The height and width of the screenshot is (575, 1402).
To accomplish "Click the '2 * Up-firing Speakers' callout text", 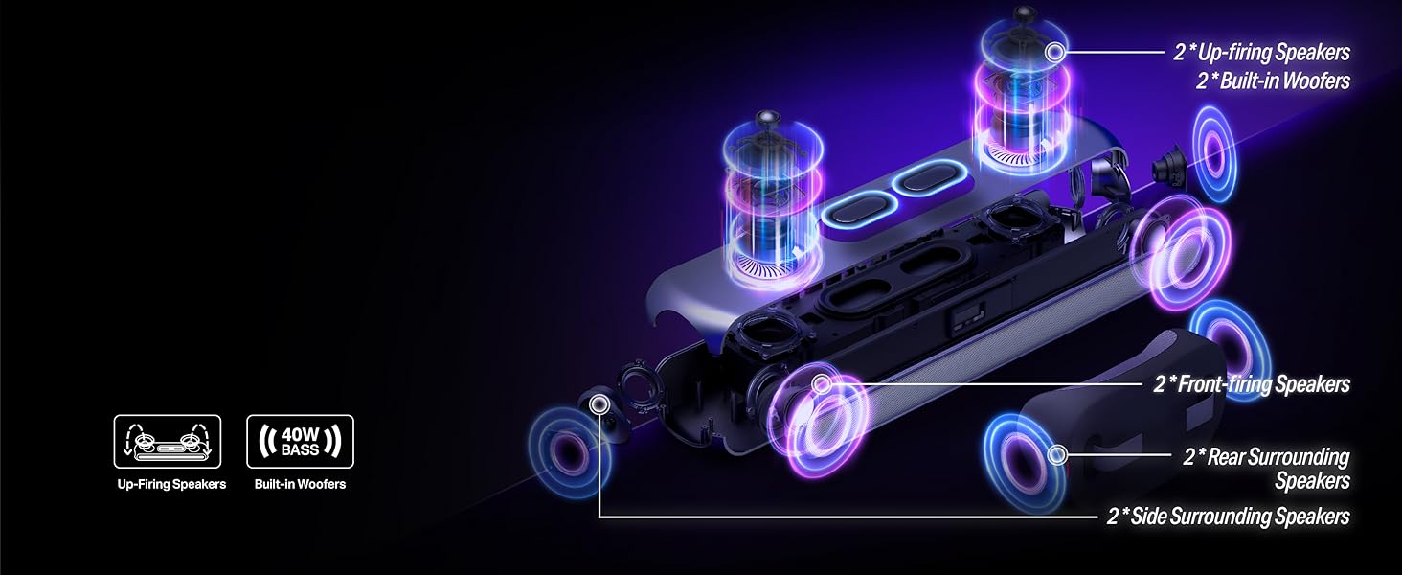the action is pyautogui.click(x=1261, y=52).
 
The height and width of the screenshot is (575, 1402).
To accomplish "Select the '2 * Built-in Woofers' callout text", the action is pyautogui.click(x=1273, y=80).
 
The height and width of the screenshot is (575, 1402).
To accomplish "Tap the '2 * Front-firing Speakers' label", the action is pyautogui.click(x=1252, y=384).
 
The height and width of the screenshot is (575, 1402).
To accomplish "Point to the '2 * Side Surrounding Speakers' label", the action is pyautogui.click(x=1229, y=517).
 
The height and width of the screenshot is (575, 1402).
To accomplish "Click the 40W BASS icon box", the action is pyautogui.click(x=300, y=442).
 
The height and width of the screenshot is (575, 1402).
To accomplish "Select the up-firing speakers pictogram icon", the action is pyautogui.click(x=168, y=442).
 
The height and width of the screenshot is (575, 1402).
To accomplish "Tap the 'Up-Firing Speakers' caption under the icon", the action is pyautogui.click(x=171, y=484).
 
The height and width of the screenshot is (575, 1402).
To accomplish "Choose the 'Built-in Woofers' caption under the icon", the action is pyautogui.click(x=300, y=484).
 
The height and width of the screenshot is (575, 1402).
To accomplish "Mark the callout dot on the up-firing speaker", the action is pyautogui.click(x=1055, y=52).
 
